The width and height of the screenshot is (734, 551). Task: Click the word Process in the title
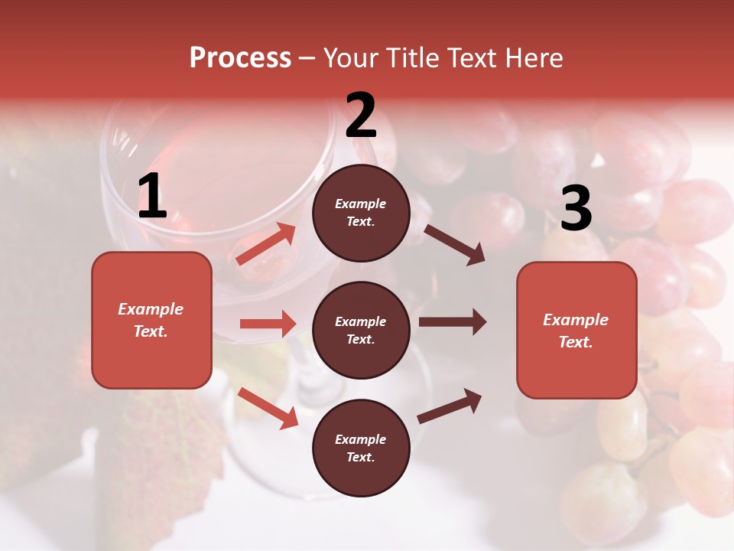tap(240, 58)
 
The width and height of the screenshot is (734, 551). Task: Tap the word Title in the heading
tap(410, 58)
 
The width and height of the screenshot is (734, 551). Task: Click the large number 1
tap(152, 197)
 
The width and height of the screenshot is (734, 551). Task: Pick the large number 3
tap(576, 209)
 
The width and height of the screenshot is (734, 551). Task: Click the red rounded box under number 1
tap(151, 320)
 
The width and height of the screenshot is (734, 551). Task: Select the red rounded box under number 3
tap(576, 330)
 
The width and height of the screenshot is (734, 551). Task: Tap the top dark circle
tap(361, 213)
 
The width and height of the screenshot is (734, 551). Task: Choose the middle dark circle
tap(361, 330)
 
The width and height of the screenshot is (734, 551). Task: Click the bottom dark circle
tap(361, 448)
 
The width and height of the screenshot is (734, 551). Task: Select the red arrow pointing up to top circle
tap(266, 243)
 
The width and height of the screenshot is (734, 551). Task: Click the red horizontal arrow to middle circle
tap(268, 324)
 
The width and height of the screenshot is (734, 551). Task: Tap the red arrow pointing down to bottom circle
tap(268, 407)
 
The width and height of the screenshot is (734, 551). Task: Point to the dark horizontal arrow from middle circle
tap(452, 322)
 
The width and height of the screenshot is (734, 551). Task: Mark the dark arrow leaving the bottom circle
tap(450, 406)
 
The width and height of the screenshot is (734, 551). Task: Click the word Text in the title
tap(472, 58)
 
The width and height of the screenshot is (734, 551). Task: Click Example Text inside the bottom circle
tap(361, 448)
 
